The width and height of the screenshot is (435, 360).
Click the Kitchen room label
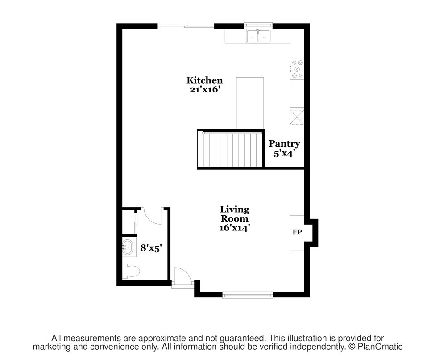[204, 80]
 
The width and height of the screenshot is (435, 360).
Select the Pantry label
[284, 144]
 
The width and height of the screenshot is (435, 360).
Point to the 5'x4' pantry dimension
[283, 154]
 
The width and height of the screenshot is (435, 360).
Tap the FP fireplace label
[297, 232]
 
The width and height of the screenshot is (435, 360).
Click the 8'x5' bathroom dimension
[151, 248]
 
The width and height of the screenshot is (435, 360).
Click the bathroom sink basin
[128, 247]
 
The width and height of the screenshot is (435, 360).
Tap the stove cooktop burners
[297, 69]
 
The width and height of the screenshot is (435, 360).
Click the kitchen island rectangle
[250, 103]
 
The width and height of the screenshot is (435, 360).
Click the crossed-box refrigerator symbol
[297, 117]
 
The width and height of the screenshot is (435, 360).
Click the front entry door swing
[182, 275]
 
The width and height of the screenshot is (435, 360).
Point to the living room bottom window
[248, 295]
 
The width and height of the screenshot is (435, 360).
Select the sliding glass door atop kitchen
[186, 26]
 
